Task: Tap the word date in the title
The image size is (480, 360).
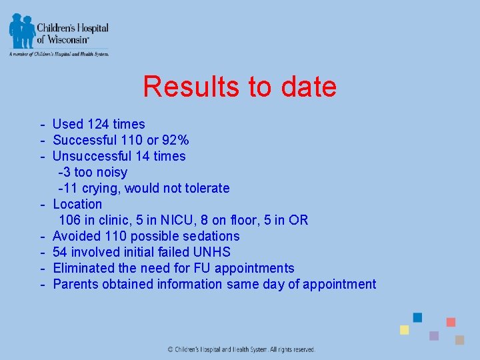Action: tap(307, 87)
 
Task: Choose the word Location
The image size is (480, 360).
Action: tap(77, 204)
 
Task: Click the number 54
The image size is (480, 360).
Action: tap(60, 252)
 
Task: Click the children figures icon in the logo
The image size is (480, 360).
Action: tap(22, 30)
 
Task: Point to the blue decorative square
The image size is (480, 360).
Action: tap(417, 317)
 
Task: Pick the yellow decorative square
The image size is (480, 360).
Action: tap(404, 330)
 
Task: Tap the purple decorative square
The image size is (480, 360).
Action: tap(434, 335)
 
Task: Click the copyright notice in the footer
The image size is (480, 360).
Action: tap(241, 349)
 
